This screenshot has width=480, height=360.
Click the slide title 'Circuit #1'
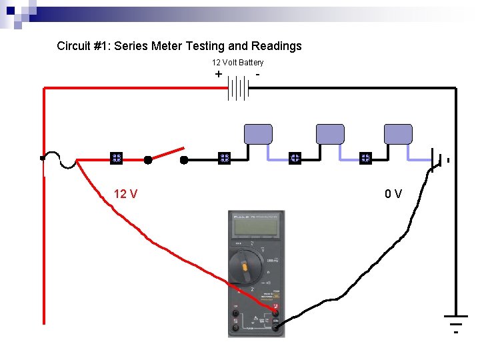pos(179,46)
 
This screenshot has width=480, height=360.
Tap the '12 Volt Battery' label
pos(237,63)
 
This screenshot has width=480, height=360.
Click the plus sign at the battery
pos(219,74)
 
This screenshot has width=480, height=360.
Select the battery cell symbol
pos(238,88)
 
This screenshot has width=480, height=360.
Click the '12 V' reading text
pos(125,194)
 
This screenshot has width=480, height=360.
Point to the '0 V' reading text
pos(393,194)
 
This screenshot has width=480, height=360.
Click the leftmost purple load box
pos(258,134)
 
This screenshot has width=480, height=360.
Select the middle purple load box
pos(329,134)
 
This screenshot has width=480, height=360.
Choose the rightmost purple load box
pos(398,134)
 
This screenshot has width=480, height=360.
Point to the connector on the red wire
pos(116,159)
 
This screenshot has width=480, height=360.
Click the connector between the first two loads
pos(295,159)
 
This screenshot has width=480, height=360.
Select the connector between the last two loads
pos(365,159)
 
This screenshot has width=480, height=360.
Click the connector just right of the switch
pos(224,159)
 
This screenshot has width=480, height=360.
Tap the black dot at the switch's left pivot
pos(148,160)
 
